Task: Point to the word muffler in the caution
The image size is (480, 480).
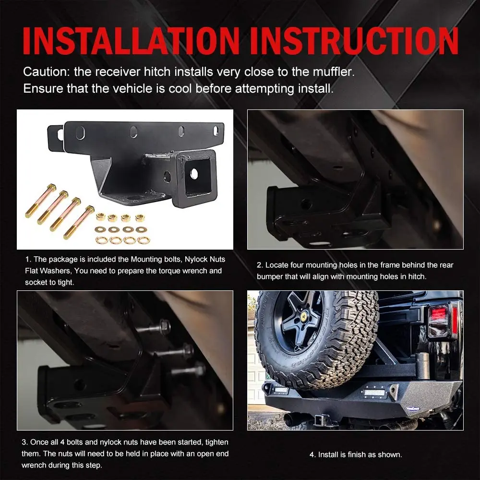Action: pyautogui.click(x=333, y=72)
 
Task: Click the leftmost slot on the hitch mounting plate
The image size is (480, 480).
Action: pyautogui.click(x=80, y=133)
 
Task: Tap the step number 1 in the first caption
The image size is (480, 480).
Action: pyautogui.click(x=27, y=260)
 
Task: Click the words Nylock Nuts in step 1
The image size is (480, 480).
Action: pyautogui.click(x=205, y=260)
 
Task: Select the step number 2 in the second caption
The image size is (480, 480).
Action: pyautogui.click(x=259, y=265)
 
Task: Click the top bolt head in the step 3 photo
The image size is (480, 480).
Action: pyautogui.click(x=164, y=327)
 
